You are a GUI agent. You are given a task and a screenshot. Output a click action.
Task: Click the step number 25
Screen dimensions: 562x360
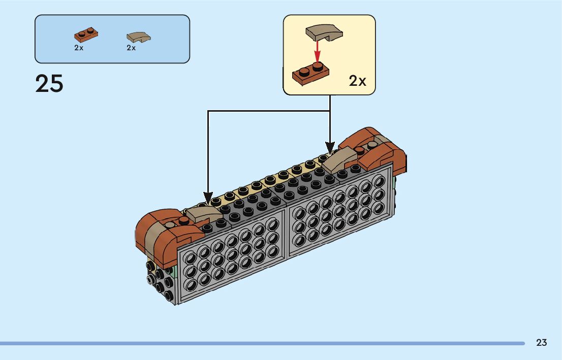click(x=49, y=83)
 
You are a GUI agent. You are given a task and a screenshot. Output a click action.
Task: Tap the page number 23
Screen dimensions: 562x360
click(x=541, y=342)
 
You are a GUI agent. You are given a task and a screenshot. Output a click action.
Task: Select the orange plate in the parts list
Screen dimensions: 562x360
click(x=86, y=35)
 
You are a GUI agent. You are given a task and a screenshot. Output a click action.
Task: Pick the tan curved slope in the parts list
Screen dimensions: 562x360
click(x=139, y=37)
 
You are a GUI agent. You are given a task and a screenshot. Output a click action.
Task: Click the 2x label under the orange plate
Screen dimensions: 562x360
click(x=79, y=48)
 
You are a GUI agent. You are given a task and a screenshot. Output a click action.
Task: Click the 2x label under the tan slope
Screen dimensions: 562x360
click(x=131, y=48)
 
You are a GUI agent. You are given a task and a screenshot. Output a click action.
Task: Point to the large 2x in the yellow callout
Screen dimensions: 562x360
click(x=357, y=81)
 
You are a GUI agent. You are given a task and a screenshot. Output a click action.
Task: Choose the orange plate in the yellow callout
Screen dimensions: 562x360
click(x=310, y=74)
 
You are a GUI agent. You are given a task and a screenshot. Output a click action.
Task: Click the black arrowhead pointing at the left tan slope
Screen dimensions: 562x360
click(x=208, y=199)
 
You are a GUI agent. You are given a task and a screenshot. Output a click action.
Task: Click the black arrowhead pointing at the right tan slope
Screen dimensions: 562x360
click(x=330, y=148)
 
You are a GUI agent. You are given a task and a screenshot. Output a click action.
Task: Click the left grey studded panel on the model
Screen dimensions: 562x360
click(x=231, y=255)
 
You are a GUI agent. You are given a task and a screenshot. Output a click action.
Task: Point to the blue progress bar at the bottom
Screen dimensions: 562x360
click(x=262, y=343)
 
